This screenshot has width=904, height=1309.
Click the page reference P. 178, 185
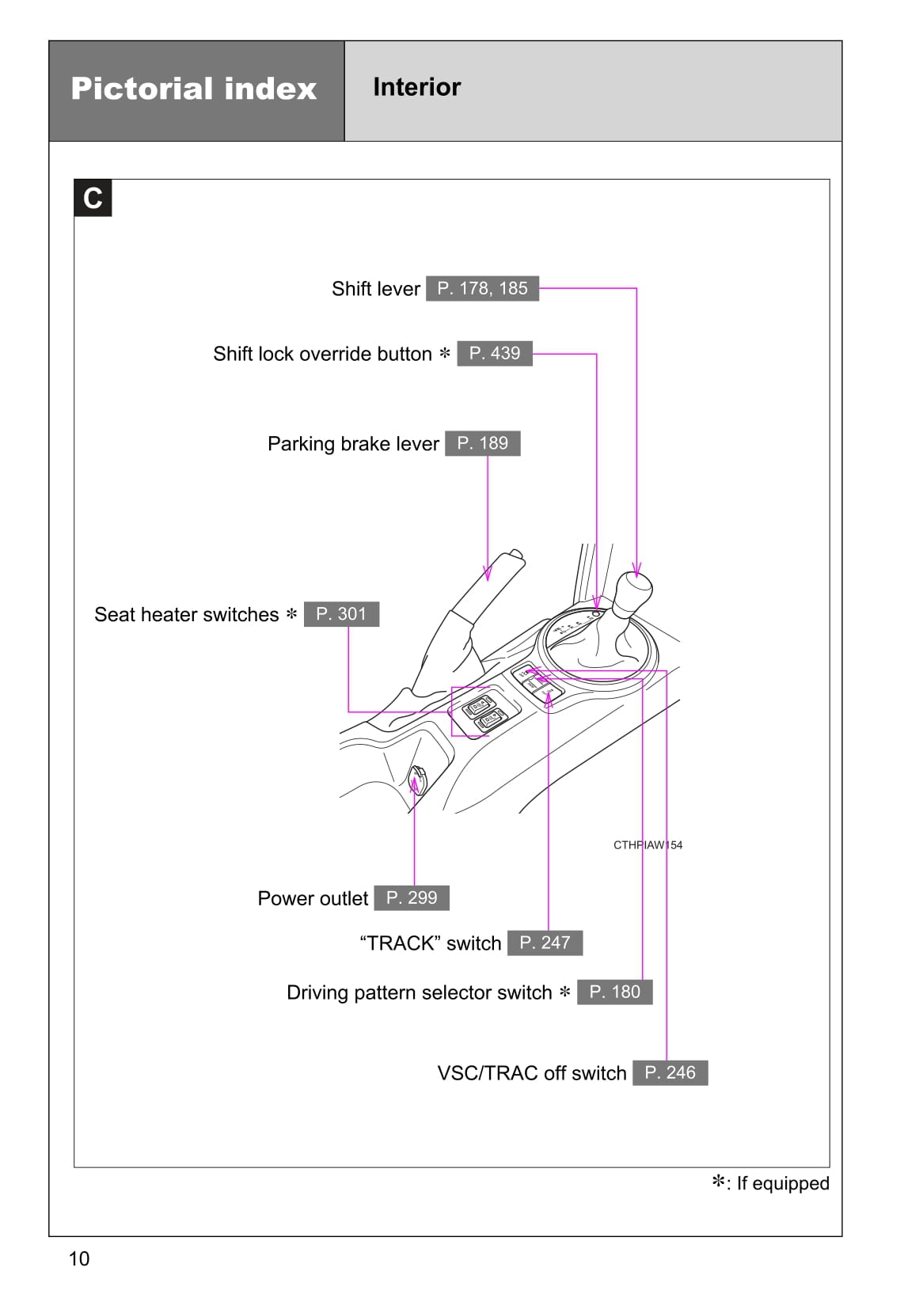482,288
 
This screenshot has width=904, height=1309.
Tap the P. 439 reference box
495,353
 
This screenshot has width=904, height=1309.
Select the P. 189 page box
482,443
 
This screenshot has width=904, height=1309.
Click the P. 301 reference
341,614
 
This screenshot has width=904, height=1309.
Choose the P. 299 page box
412,897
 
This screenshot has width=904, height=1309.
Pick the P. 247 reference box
545,943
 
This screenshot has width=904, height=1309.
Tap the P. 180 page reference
614,992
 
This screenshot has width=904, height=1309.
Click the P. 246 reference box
670,1072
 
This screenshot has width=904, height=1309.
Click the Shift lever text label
375,289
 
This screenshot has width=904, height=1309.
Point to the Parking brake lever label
353,444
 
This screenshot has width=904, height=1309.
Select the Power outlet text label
313,898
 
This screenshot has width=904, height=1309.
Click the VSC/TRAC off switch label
531,1073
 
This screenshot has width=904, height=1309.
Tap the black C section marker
93,198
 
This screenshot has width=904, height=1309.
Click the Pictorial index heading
194,89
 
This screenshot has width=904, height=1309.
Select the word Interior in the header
416,87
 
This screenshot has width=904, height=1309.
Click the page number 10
79,1258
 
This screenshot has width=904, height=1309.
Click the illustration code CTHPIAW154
647,844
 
